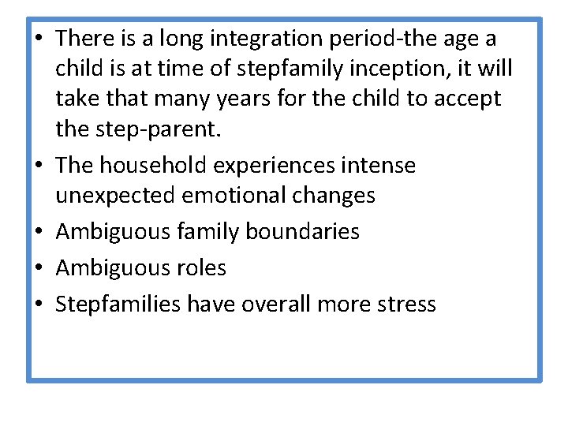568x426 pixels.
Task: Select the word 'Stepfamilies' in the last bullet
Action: (118, 304)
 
